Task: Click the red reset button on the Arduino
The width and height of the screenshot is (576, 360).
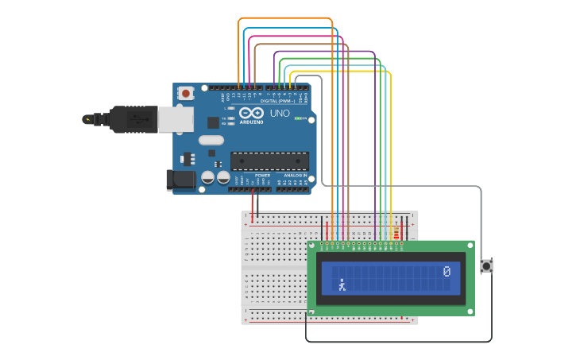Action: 186,93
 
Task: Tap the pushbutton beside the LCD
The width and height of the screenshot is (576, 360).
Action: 486,266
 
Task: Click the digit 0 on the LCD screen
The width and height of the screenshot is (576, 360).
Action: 446,272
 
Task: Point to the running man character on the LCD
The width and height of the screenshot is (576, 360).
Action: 342,285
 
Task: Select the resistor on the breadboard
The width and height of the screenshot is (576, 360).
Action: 396,233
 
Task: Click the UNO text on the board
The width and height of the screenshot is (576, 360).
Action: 280,113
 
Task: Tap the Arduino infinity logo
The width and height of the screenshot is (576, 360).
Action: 250,113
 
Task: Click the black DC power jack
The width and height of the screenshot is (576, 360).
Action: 182,180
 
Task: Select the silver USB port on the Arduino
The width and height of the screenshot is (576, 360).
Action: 176,119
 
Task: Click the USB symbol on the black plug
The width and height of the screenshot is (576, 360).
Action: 140,119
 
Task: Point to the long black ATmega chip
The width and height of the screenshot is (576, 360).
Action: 269,161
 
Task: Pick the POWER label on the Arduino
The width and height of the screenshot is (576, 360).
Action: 262,175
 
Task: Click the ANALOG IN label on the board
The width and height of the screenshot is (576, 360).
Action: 295,175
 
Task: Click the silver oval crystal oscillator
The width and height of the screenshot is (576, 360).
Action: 211,141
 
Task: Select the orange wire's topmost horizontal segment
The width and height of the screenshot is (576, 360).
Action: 285,18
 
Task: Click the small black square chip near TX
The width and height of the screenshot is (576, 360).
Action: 214,122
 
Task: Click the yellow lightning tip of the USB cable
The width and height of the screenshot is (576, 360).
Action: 87,119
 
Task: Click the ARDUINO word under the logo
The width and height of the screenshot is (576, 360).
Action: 251,122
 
